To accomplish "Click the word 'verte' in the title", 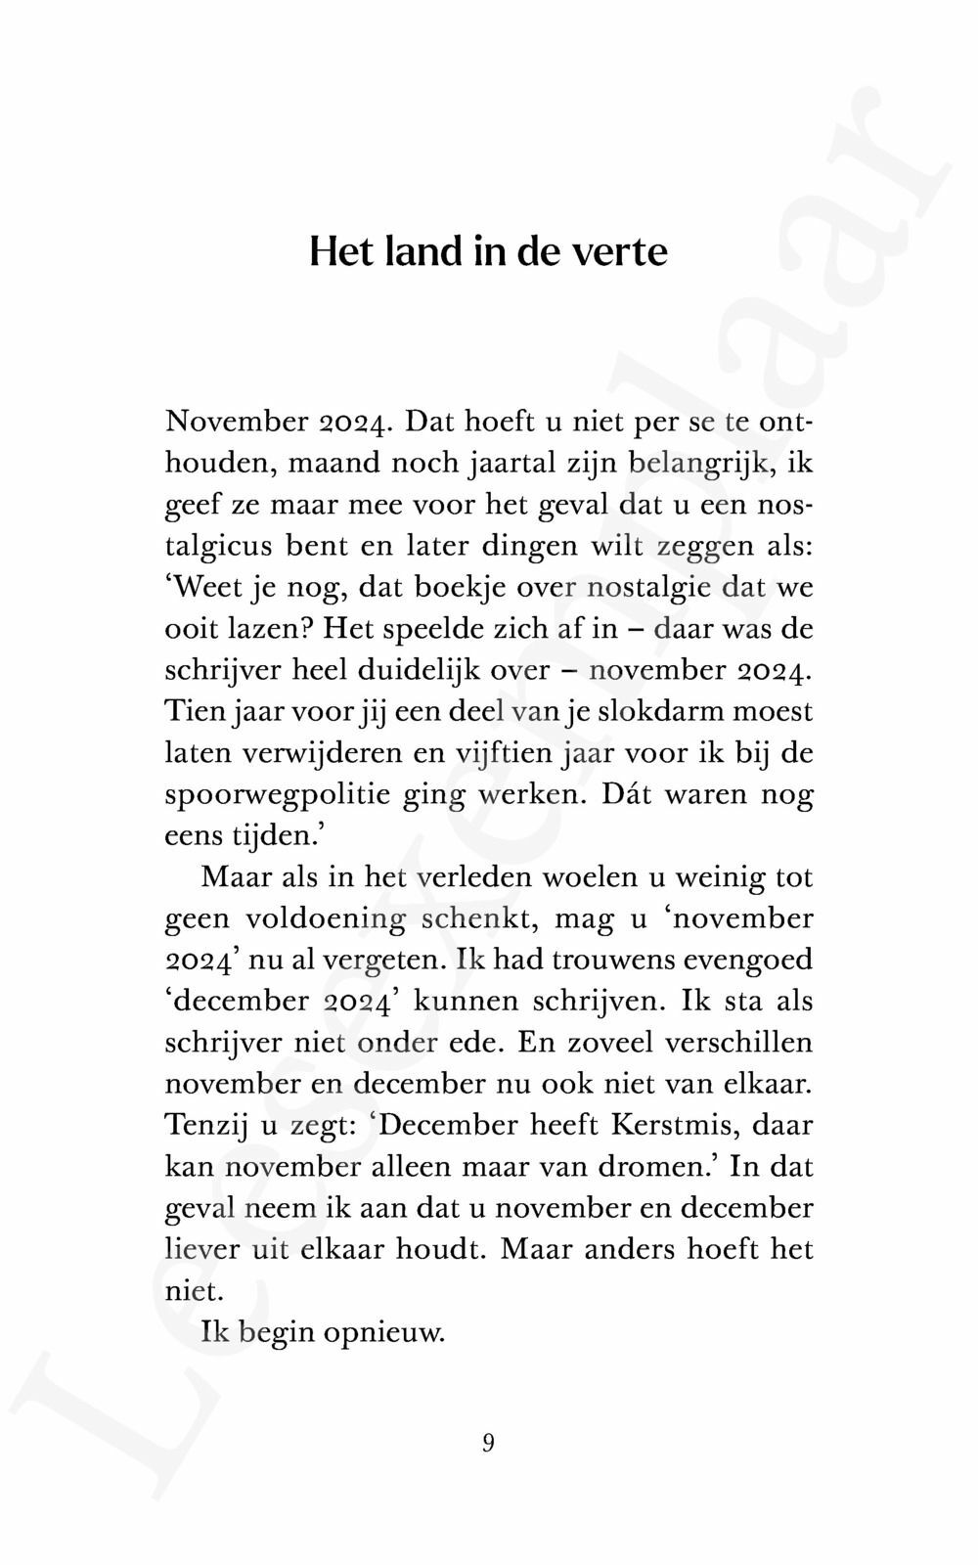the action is coord(619,252).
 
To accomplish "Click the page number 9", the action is coord(488,1443).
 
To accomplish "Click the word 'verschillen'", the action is coord(735,1043).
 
